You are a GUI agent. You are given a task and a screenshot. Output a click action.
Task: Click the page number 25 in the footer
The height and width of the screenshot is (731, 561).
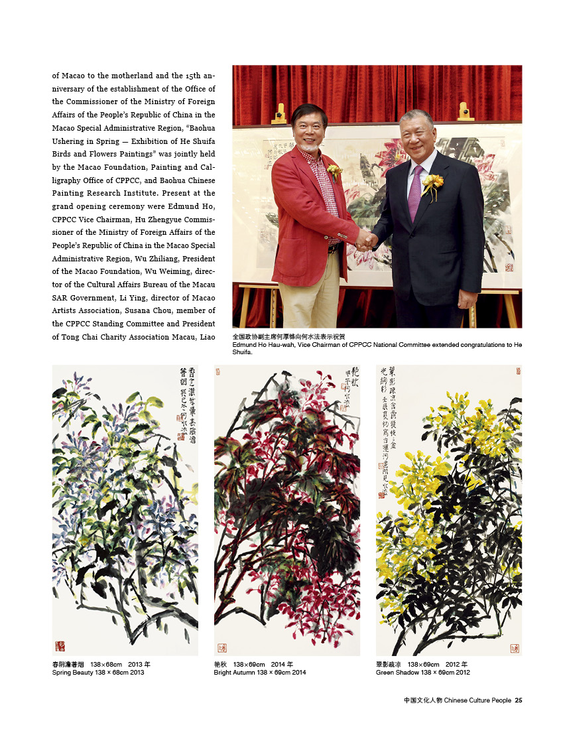click(519, 700)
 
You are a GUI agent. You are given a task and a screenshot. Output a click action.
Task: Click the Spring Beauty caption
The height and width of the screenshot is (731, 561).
click(98, 673)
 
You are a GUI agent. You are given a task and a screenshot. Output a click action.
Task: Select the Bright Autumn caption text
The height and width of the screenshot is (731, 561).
click(260, 673)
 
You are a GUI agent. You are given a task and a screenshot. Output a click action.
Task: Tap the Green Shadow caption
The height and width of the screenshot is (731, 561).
click(423, 673)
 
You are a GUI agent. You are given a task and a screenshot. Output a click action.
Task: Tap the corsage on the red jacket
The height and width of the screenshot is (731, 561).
click(334, 171)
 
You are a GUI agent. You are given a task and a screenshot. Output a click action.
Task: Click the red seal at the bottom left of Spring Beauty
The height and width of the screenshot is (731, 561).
click(60, 645)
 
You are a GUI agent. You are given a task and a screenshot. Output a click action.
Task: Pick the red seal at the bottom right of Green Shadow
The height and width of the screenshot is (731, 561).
click(515, 647)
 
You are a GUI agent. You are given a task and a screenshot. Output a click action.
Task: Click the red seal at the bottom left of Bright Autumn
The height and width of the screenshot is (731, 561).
click(221, 647)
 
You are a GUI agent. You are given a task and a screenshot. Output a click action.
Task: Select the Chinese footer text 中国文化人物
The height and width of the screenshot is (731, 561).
click(422, 700)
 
